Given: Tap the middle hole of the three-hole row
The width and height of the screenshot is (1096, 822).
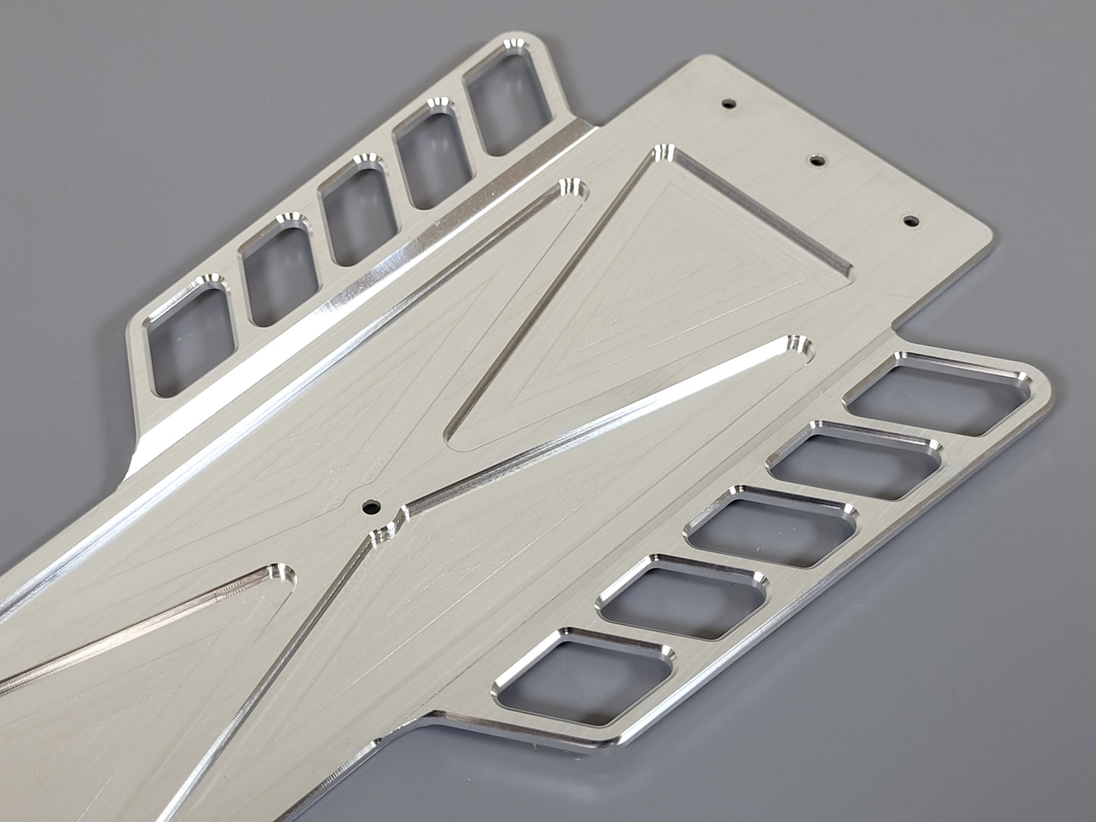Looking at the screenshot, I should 816,160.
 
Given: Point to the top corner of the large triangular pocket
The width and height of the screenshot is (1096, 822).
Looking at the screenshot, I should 663,152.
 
